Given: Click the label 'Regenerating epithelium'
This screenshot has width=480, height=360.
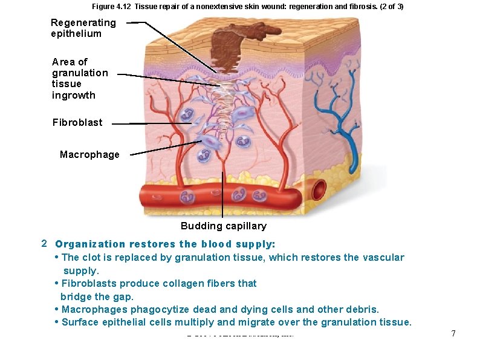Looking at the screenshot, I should point(83,28).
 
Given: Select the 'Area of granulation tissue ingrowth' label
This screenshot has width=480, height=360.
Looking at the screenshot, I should point(80,78).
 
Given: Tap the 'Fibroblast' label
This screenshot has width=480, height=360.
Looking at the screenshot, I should point(77,122).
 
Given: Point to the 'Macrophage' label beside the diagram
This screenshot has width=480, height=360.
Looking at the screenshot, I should point(89,154).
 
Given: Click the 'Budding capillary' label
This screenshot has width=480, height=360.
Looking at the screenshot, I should point(223,226).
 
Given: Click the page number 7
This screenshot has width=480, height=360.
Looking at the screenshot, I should point(453,334).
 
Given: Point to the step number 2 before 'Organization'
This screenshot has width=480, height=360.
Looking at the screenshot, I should point(43,243).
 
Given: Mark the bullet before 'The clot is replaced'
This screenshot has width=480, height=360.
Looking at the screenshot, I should point(57,257).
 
